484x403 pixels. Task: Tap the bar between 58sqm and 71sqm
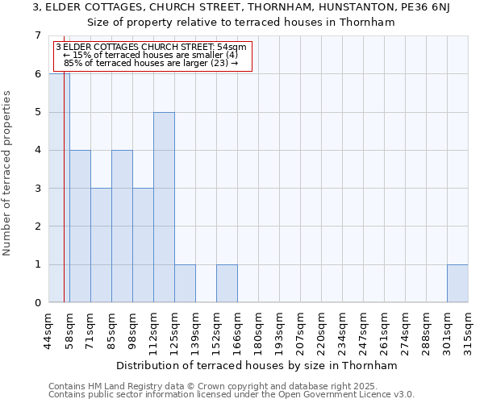80,226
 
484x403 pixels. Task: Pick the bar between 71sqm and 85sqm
101,245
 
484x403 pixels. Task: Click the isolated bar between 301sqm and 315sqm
457,283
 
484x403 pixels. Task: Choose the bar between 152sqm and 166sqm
227,283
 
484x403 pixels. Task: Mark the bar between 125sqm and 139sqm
185,283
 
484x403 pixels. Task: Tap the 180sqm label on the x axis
258,330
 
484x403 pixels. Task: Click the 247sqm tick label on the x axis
363,330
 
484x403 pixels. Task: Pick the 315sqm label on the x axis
468,330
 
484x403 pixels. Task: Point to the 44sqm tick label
48,330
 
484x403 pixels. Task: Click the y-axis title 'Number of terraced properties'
8,172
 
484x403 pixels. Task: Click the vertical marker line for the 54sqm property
64,201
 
